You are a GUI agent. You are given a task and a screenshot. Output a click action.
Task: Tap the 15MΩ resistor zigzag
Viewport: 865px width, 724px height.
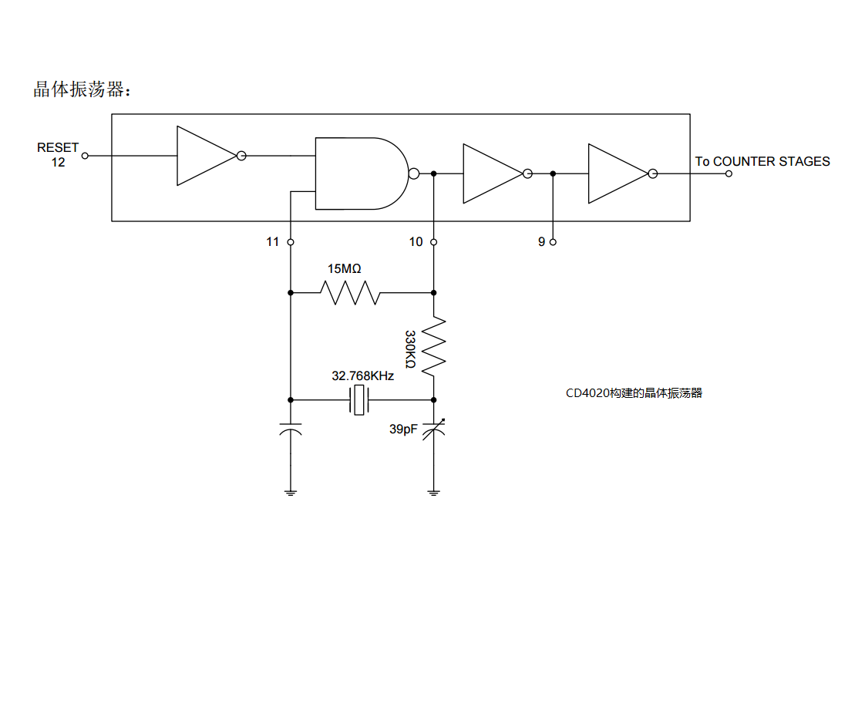click(350, 292)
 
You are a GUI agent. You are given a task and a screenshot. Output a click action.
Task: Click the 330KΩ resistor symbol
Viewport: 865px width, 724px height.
click(433, 346)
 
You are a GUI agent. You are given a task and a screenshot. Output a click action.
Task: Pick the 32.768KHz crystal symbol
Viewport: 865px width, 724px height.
click(359, 400)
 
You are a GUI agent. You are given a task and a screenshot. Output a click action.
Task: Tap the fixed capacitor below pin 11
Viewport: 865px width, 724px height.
click(291, 429)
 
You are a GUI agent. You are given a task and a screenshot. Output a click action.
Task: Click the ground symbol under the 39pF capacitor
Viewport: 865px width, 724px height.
click(433, 493)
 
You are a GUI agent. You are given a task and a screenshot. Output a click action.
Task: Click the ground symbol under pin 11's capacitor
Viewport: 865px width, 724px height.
click(291, 493)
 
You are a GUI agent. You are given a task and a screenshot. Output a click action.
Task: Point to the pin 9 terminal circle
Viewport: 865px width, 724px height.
click(553, 242)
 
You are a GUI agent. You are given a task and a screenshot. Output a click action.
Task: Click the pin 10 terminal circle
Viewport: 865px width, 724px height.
click(433, 242)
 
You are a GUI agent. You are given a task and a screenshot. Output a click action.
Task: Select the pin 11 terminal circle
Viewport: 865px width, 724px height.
click(291, 242)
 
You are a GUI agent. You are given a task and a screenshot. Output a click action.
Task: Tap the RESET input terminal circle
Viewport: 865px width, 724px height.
click(85, 157)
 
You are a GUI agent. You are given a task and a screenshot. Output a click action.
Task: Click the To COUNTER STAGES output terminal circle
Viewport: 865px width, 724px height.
click(729, 173)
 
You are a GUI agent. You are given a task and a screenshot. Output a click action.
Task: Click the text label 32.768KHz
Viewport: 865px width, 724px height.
click(362, 375)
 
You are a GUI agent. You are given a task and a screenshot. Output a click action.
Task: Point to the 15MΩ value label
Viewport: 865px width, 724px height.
click(345, 269)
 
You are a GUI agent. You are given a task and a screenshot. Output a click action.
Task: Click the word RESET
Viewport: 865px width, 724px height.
click(58, 148)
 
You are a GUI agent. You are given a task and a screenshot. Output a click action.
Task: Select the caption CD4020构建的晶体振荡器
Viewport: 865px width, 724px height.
click(634, 393)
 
